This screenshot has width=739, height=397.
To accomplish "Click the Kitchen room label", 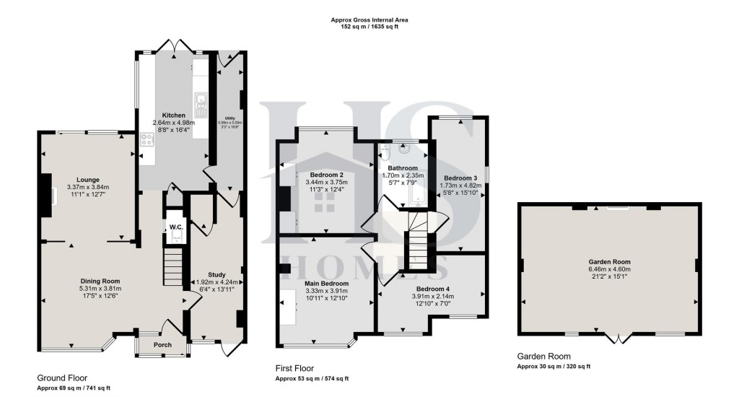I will click(x=173, y=115).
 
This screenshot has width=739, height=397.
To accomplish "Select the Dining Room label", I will click(x=100, y=281).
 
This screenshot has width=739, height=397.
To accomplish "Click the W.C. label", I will click(x=176, y=228).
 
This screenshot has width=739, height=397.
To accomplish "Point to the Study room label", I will click(x=216, y=274).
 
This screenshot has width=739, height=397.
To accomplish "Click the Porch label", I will click(x=162, y=345).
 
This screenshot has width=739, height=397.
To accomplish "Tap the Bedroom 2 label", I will click(x=326, y=175).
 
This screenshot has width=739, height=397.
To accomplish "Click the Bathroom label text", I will click(x=404, y=167).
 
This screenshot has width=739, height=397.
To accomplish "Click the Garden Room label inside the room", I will click(x=610, y=263).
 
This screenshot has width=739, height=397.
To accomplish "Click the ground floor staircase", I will click(x=172, y=266).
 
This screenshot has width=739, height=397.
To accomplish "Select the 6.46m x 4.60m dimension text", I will click(x=610, y=271).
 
